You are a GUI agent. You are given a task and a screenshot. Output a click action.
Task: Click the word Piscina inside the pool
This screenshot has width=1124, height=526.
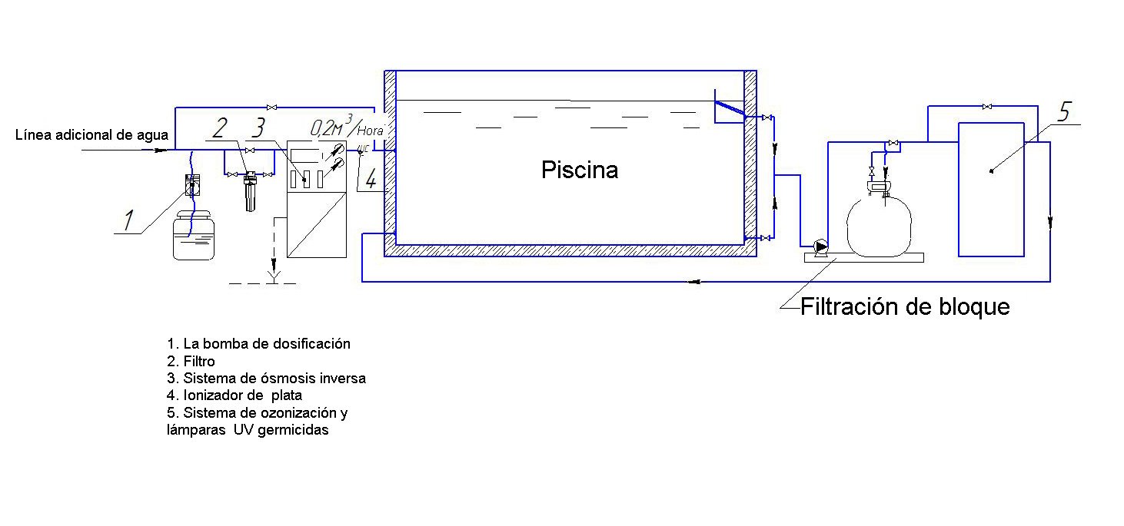(579, 170)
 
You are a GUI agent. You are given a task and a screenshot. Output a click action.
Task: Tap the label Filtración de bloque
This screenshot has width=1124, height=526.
(904, 307)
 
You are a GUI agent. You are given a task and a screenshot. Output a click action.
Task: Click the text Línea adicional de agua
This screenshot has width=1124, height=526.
(91, 136)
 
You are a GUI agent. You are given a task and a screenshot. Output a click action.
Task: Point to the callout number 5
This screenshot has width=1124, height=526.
(1063, 111)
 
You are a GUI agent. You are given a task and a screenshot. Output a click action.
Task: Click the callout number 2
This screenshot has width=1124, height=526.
(219, 127)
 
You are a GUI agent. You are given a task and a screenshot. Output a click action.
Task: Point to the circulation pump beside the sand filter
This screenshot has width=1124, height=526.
(822, 246)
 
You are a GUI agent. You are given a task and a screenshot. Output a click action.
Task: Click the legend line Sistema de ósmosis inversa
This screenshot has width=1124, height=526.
(266, 378)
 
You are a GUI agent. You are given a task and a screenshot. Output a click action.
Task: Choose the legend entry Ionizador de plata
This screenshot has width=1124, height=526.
(234, 395)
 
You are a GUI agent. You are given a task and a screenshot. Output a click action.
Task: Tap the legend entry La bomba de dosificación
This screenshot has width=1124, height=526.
(258, 343)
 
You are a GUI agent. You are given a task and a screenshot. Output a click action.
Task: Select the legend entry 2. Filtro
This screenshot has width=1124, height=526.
(191, 361)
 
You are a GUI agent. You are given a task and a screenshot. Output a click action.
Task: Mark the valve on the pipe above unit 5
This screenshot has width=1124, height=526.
(986, 106)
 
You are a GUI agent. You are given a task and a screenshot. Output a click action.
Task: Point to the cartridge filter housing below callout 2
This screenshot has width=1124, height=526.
(248, 192)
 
